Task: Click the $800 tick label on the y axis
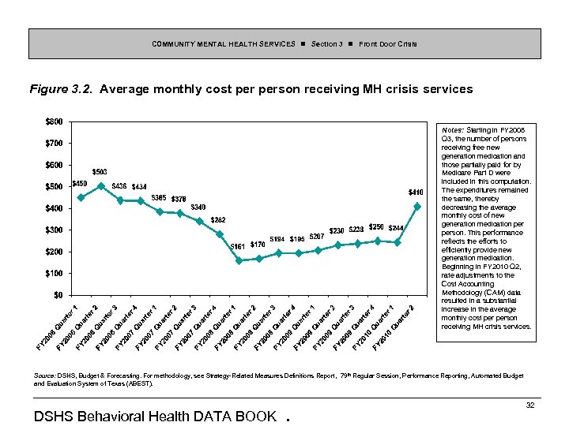pos(55,121)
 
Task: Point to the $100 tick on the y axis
pos(55,273)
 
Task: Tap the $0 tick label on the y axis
pos(58,295)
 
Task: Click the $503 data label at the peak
pos(100,171)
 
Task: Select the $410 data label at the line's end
pos(416,192)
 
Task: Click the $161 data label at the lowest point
pos(237,246)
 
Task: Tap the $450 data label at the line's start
pos(79,184)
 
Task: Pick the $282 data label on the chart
pos(218,219)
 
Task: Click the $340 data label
pos(198,207)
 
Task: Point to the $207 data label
pos(316,237)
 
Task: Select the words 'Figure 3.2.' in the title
pos(62,89)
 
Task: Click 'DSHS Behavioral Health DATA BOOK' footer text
pos(155,416)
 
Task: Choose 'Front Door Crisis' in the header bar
pos(388,43)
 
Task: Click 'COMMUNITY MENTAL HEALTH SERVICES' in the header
pos(224,43)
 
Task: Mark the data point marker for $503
pos(100,186)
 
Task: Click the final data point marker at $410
pos(416,206)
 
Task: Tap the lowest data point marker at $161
pos(239,260)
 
